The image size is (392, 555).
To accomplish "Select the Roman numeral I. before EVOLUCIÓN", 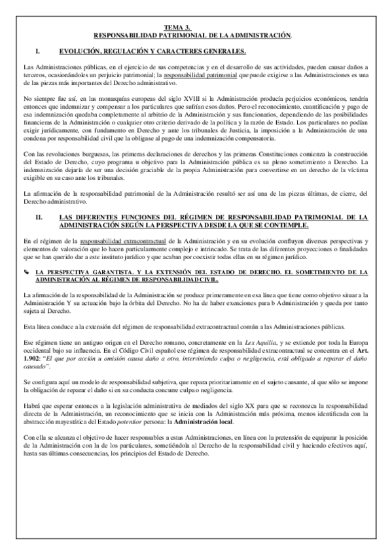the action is coord(39,50).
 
